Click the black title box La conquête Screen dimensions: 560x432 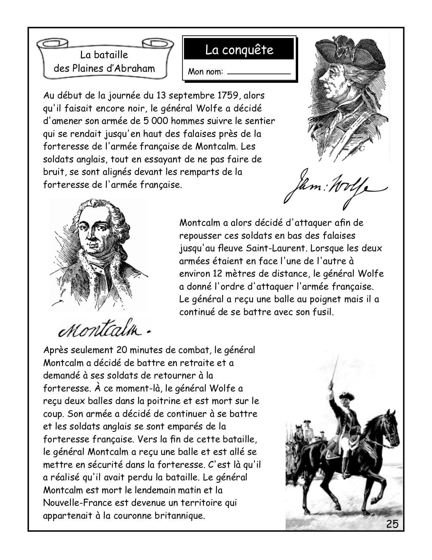[239, 50]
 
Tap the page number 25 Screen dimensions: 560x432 [392, 524]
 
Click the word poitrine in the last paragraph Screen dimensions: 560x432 [164, 401]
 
